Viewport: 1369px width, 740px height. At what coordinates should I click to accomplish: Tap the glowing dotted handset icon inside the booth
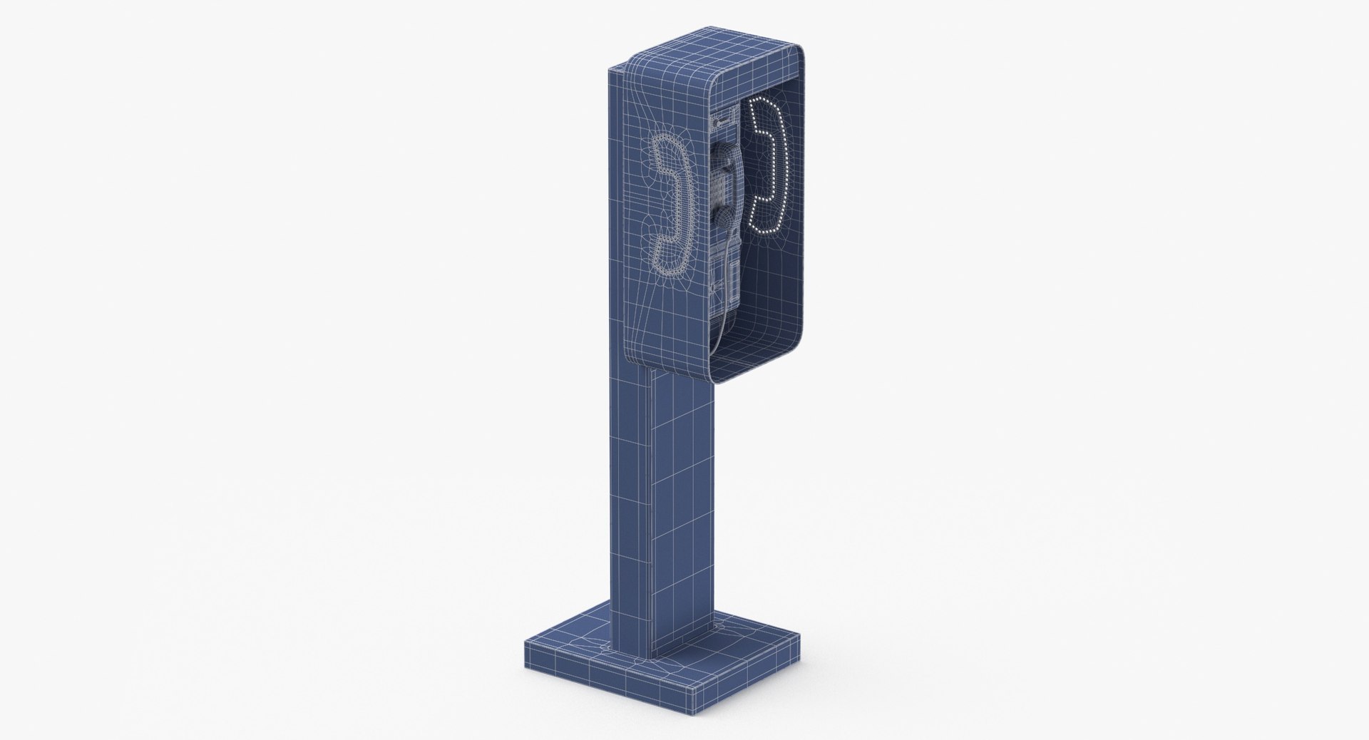[x=764, y=168]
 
